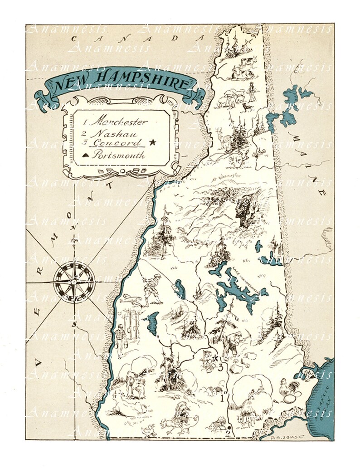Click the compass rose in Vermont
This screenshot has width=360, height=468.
[73, 281]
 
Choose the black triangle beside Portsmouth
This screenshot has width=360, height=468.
[85, 155]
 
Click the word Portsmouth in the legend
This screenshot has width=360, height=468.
[119, 155]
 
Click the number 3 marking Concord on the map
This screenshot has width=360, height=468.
[220, 367]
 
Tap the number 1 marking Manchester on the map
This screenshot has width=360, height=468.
[222, 399]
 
